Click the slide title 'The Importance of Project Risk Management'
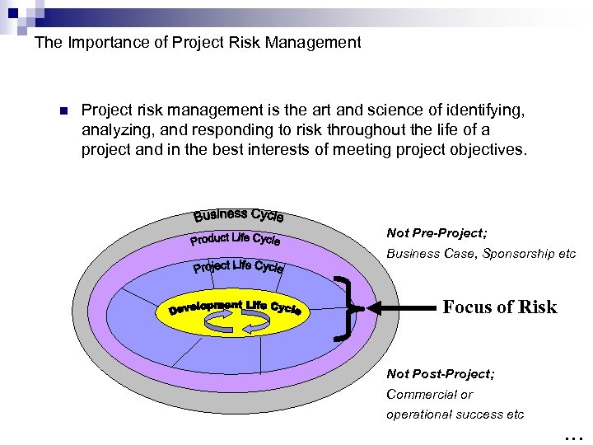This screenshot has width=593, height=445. click(198, 42)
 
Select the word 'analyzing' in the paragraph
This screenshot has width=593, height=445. click(114, 129)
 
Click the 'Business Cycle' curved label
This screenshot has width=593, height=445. click(239, 215)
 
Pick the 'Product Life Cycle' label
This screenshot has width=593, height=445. click(236, 240)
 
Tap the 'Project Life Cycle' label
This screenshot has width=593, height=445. click(239, 266)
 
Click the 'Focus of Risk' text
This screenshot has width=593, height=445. click(499, 307)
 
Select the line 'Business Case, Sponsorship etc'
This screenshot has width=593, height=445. click(481, 254)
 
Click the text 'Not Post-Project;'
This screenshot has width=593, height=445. click(441, 374)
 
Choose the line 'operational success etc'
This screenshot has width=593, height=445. click(455, 415)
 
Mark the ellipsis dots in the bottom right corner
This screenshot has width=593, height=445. click(574, 435)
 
